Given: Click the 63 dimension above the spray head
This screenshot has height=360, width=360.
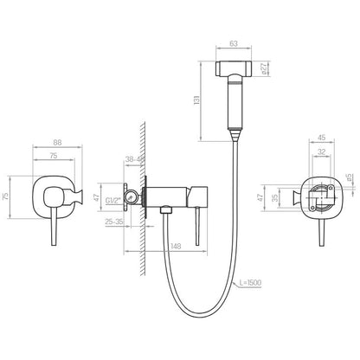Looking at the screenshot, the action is (234, 43).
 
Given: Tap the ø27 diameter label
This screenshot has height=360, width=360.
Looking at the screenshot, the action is (263, 69).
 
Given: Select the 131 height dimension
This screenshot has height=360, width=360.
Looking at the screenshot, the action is (196, 100).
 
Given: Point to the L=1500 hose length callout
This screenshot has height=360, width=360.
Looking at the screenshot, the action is (250, 283).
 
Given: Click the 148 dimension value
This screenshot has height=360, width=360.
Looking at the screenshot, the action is (176, 247).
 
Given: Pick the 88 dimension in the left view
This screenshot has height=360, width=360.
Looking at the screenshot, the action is (57, 143).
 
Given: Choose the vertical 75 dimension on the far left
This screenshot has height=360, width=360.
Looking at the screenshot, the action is (5, 196).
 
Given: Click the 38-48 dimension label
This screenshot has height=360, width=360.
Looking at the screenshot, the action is (135, 159).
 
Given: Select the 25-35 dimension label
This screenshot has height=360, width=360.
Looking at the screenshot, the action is (114, 222).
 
